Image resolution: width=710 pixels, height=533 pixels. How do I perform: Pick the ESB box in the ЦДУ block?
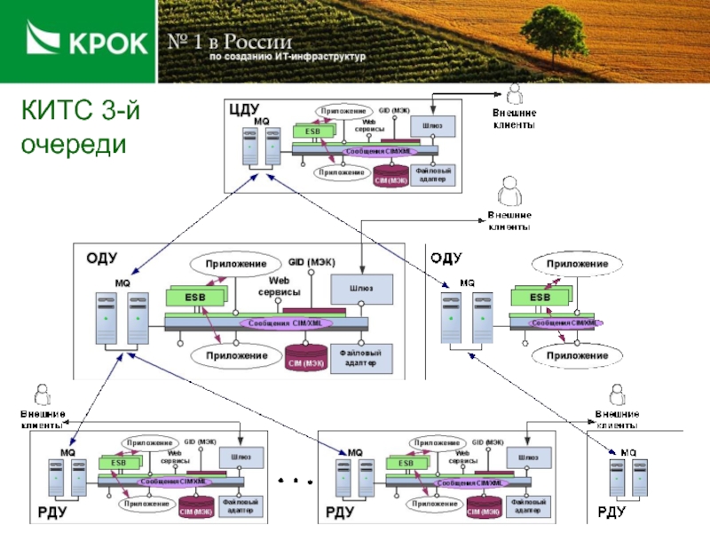(x=312, y=131)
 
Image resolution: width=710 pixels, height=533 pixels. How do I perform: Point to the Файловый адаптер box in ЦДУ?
(x=433, y=174)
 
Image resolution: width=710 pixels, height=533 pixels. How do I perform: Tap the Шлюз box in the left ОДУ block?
(x=362, y=288)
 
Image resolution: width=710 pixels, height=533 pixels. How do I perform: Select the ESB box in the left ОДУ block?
(x=193, y=297)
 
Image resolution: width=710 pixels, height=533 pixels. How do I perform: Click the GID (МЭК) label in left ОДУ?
(x=312, y=262)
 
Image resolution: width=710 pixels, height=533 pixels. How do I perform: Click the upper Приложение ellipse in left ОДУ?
(x=236, y=264)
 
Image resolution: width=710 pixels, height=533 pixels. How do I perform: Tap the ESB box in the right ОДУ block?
(x=539, y=297)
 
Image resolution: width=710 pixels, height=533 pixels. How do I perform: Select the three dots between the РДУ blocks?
(x=297, y=480)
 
